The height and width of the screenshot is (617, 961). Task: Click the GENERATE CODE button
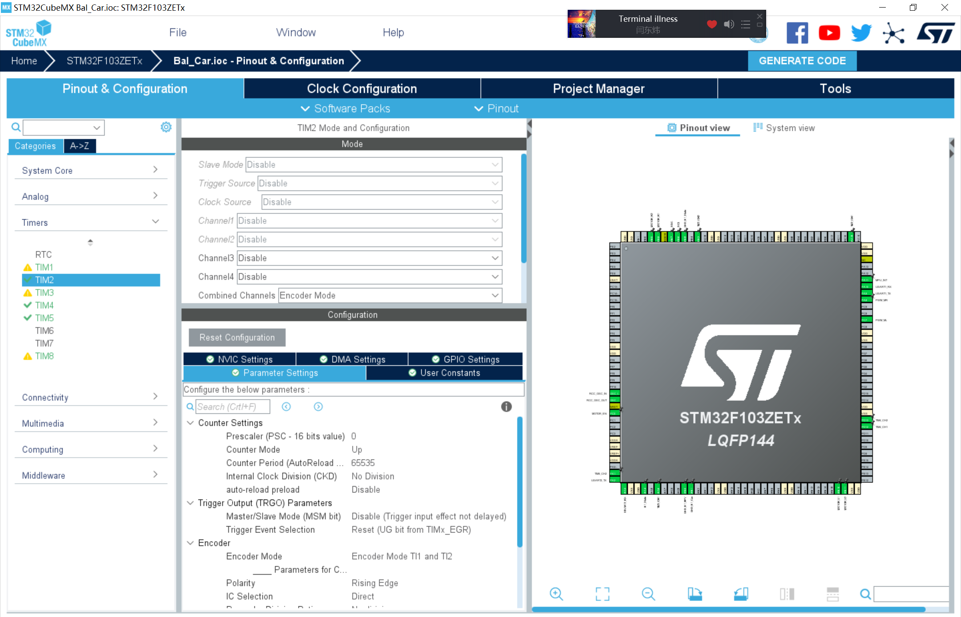click(x=802, y=61)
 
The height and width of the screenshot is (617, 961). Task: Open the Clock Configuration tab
click(x=362, y=89)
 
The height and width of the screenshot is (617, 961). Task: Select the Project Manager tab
click(x=598, y=89)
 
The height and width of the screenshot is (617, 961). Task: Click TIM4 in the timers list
click(x=44, y=305)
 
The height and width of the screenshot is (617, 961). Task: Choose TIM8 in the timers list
click(x=44, y=356)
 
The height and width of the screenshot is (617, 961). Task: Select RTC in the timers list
click(x=44, y=254)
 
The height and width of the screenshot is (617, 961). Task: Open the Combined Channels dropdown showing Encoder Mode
click(x=390, y=295)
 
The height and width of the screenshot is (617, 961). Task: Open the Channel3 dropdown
click(x=369, y=258)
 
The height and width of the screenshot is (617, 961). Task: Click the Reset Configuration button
click(x=237, y=338)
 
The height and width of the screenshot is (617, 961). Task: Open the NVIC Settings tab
click(x=240, y=359)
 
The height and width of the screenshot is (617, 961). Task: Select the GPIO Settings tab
click(x=465, y=359)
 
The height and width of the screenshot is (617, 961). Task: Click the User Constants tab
click(x=444, y=373)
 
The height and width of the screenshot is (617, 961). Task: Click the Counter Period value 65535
click(x=363, y=463)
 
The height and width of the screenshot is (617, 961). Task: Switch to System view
click(x=784, y=128)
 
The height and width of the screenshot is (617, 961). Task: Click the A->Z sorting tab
click(x=80, y=146)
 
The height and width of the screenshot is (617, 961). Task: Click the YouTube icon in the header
click(x=829, y=33)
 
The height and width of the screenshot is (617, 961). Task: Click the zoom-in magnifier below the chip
click(x=556, y=594)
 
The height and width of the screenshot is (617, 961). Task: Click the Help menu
click(x=393, y=32)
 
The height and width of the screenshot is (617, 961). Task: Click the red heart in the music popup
click(x=712, y=24)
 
